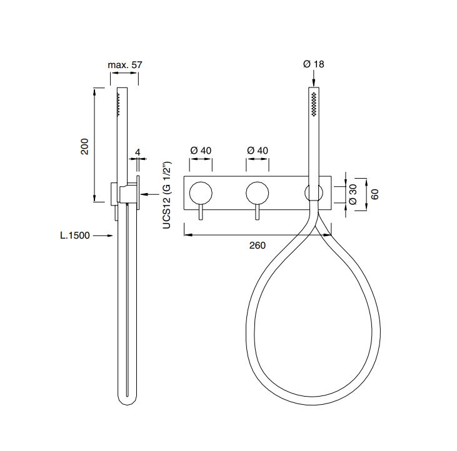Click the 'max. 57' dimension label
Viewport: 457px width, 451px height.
point(125,64)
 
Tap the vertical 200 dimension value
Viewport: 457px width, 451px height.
point(84,146)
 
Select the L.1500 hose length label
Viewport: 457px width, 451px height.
point(75,235)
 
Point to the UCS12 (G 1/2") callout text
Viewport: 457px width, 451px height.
point(166,195)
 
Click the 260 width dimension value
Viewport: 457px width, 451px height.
point(258,245)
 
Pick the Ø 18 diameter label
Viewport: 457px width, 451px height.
point(314,64)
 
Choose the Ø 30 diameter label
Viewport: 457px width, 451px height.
point(353,194)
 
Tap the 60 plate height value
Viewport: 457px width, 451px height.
point(375,194)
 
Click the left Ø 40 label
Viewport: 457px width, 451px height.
point(201,151)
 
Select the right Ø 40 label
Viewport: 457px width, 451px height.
point(258,151)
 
